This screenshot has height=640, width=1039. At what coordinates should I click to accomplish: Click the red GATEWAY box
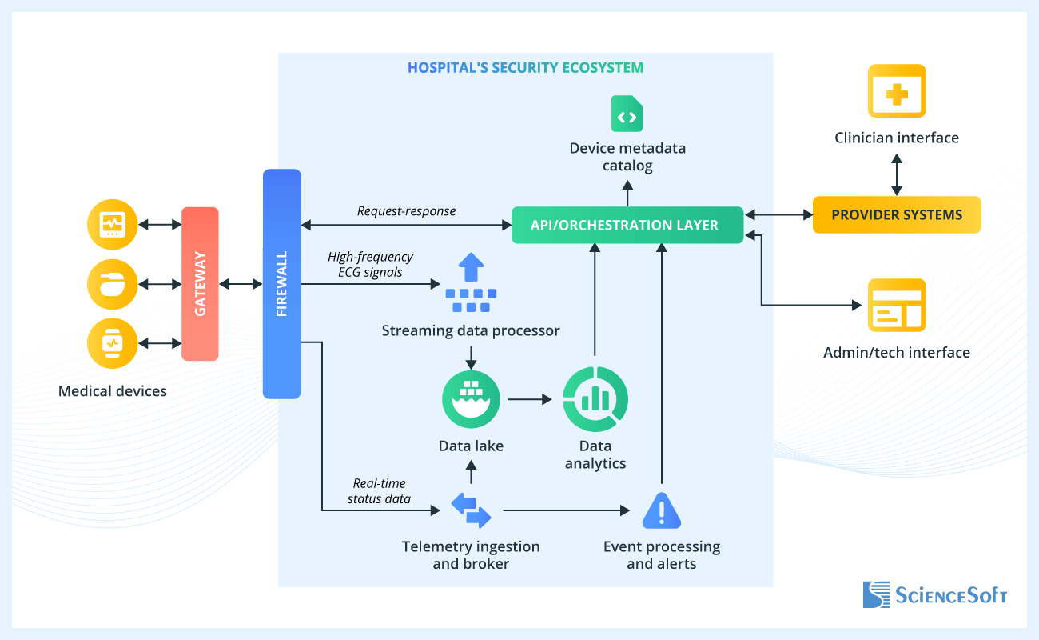pos(200,284)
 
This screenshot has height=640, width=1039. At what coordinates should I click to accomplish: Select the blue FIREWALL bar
pos(281,284)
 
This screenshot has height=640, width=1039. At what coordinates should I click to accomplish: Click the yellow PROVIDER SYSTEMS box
pos(896,214)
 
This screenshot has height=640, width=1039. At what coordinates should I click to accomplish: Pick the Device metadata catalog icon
pos(627,114)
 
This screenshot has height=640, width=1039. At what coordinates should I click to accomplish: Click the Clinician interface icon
pos(897,91)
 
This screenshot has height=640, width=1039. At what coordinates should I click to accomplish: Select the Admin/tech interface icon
pos(897,306)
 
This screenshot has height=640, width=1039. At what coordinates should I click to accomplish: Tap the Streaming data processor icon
pos(471,283)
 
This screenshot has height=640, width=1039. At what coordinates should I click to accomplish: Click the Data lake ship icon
pos(471,398)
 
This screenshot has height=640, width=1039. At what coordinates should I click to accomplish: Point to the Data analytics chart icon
pos(595,398)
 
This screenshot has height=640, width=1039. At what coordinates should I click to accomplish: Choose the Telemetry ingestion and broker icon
pos(471,510)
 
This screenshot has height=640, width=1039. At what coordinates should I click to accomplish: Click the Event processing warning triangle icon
pos(662,510)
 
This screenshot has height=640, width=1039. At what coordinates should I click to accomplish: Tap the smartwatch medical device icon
pos(112,343)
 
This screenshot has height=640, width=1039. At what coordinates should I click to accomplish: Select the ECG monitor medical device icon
pos(112,224)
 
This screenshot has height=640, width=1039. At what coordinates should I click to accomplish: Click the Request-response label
pos(406,211)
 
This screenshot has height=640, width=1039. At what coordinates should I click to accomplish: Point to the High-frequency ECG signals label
pos(370,264)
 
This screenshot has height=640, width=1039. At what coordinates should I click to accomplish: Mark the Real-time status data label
pos(379,491)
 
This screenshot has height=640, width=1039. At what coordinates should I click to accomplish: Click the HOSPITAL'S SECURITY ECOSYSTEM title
pos(525,68)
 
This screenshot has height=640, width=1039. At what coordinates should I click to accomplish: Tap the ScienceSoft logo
pos(935,594)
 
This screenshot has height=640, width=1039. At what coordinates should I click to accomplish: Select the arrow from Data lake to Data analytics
pos(530,398)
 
